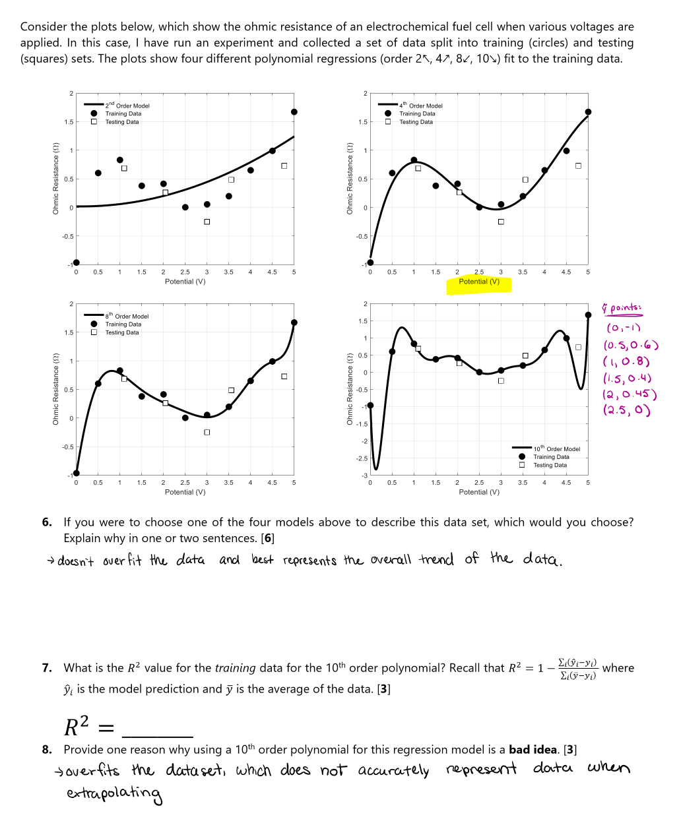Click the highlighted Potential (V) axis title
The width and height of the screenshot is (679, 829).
pos(478,282)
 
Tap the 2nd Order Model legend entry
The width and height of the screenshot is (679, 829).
pos(127,106)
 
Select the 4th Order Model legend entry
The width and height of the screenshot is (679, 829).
pos(421,106)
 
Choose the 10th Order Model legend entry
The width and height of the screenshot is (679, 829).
pos(556,449)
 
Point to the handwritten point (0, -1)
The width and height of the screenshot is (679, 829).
pos(624,328)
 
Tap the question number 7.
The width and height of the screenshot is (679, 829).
pos(47,668)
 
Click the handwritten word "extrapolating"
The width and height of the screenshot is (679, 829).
pos(113,793)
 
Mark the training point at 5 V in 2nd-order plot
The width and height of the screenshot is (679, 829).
pos(294,112)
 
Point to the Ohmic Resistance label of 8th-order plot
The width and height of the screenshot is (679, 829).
pos(56,389)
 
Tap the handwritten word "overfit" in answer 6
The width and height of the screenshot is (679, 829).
pos(122,561)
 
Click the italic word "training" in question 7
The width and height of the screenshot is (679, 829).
pos(235,668)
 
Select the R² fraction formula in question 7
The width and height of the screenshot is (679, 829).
pos(577,669)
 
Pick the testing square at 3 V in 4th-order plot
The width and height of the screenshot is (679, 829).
pos(501,222)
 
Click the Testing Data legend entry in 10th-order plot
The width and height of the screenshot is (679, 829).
pos(550,466)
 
